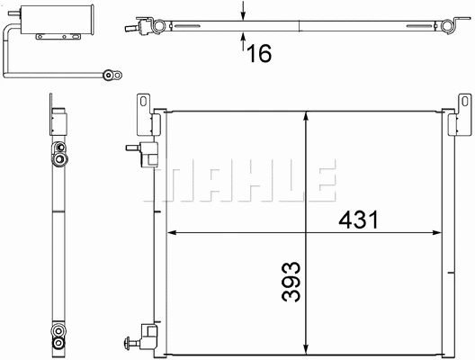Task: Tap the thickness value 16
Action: coord(258,53)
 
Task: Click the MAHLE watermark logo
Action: coord(244,180)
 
